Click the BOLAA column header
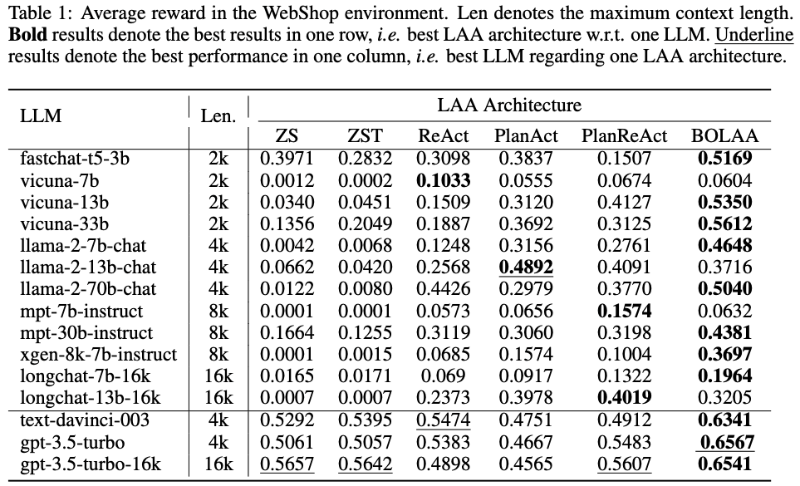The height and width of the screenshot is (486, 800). point(725,136)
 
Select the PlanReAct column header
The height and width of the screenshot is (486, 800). point(624,136)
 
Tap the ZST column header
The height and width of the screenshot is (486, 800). point(366,136)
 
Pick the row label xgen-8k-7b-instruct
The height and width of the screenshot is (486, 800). point(98,354)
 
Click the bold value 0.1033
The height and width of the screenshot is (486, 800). point(444,180)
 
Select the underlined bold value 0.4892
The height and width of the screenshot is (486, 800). point(527,268)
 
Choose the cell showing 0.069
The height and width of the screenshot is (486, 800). point(444,376)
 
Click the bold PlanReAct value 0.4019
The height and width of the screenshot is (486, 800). point(624,397)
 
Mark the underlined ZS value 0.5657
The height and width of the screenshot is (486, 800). point(287,463)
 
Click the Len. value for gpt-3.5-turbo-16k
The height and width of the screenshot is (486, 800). point(218,463)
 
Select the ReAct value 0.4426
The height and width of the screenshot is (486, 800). point(444,289)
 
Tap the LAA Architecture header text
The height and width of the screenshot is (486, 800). point(509,106)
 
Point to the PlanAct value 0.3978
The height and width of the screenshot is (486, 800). point(527,397)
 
